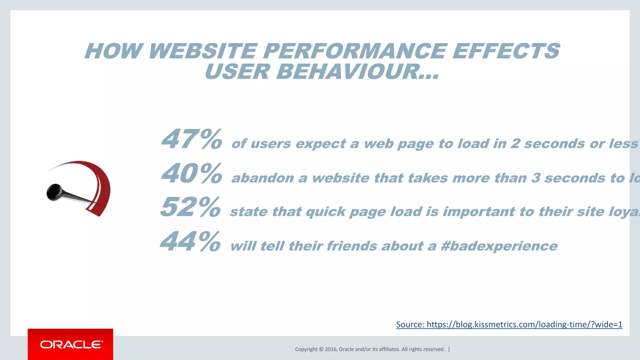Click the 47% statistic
tap(191, 139)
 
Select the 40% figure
tap(191, 174)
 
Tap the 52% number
tap(190, 207)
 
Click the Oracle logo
tap(71, 344)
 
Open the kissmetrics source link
tap(509, 324)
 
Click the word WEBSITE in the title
tap(202, 51)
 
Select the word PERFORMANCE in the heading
tap(354, 51)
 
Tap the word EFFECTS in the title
tap(506, 51)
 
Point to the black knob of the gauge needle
tap(54, 192)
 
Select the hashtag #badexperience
tap(499, 246)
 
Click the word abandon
tap(262, 178)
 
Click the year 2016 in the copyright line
tap(331, 349)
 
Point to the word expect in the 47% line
tap(321, 144)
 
